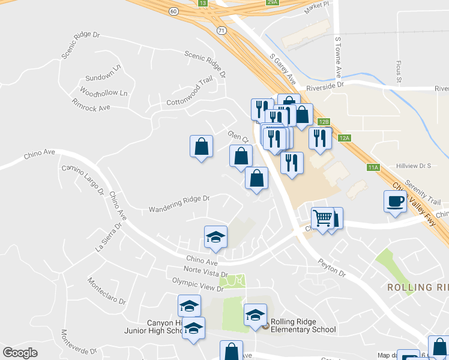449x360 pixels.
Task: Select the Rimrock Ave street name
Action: point(91,107)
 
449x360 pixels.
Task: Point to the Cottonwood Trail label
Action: point(190,91)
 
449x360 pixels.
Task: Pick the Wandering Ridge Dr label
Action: point(179,203)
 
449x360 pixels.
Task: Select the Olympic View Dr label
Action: point(193,284)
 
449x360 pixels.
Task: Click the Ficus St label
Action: point(399,71)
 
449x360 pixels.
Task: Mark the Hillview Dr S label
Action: point(414,166)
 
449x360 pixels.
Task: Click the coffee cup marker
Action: point(394,202)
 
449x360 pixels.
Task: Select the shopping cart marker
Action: point(322,218)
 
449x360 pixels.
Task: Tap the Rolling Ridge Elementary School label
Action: point(303,325)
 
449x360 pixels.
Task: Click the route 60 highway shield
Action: point(173,11)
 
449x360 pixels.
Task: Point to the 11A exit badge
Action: point(373,167)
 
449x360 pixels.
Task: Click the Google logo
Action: point(20,352)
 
